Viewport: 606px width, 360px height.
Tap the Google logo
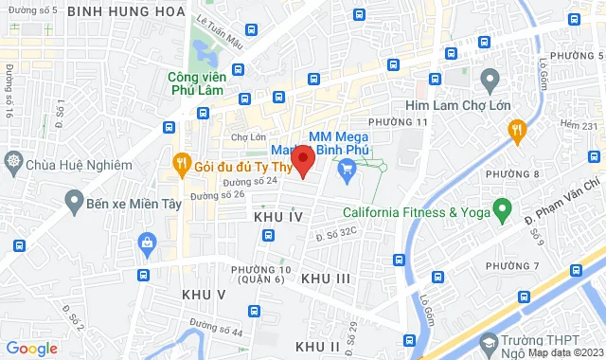pos(31,348)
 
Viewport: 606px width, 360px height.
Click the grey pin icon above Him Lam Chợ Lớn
pos(490,78)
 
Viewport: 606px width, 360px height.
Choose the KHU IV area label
pos(278,218)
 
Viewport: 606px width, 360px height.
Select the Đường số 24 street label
pos(251,180)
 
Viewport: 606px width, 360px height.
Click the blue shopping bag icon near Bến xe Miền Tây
pos(147,243)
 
